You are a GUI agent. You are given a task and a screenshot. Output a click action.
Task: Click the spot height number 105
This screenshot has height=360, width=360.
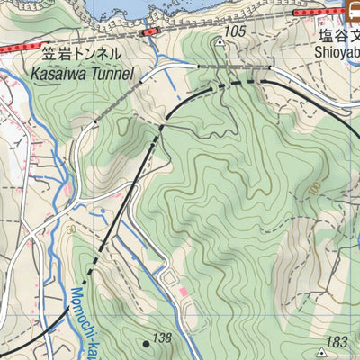pyautogui.click(x=235, y=31)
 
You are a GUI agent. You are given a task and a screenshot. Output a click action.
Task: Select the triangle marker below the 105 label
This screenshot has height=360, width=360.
pyautogui.click(x=219, y=41)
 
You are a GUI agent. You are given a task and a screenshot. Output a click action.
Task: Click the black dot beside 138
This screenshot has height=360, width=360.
pyautogui.click(x=146, y=343)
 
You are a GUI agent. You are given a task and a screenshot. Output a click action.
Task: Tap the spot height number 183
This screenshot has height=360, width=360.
pyautogui.click(x=337, y=342)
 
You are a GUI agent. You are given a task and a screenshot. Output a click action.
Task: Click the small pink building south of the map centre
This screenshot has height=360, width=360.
pyautogui.click(x=184, y=293)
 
